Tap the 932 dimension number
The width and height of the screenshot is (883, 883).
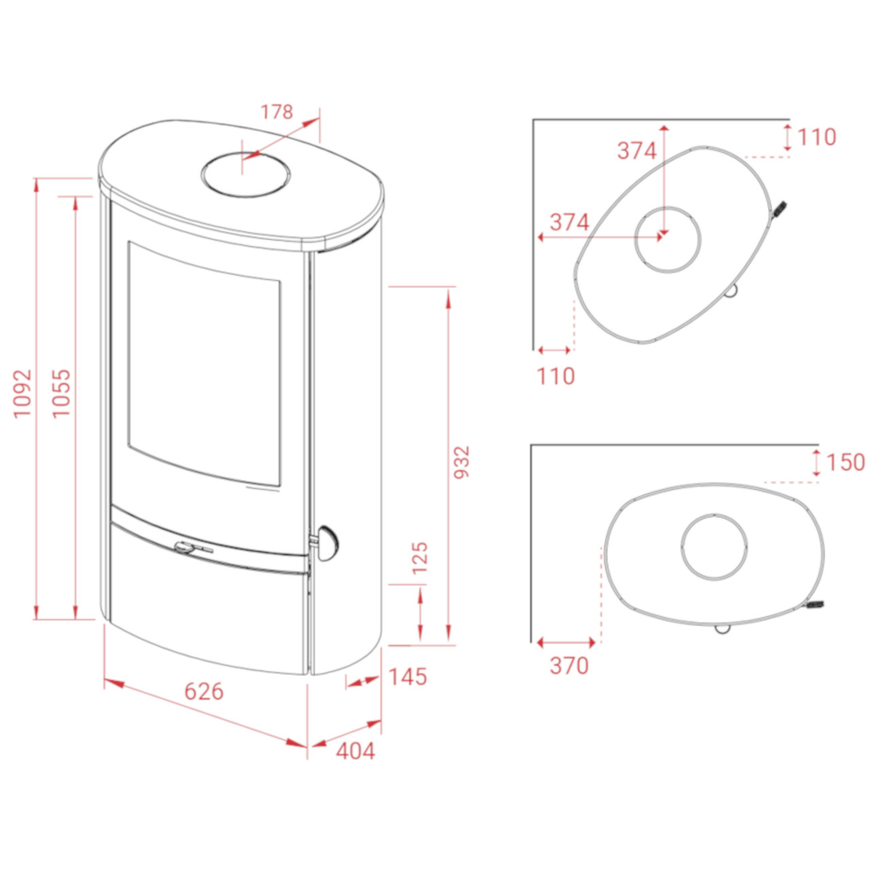click(x=461, y=462)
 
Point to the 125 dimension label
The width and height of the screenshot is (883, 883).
click(x=420, y=558)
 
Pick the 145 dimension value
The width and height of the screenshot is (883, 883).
click(x=408, y=677)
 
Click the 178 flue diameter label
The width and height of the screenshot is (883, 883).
click(x=276, y=112)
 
